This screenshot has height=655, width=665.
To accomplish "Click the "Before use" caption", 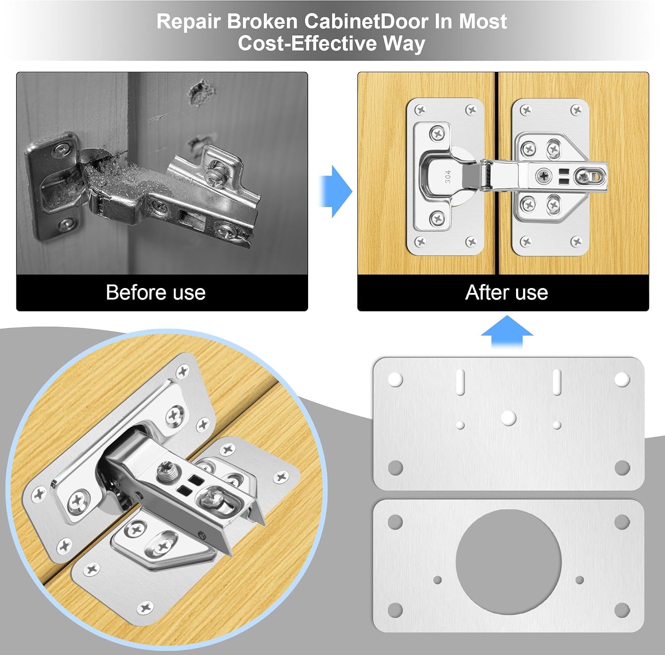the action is (156, 292).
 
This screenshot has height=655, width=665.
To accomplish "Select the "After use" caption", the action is (507, 292).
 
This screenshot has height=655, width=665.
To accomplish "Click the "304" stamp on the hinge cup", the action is (448, 176).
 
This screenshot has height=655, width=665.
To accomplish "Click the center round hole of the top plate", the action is (509, 417).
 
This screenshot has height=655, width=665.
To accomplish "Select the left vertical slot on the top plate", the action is (460, 381).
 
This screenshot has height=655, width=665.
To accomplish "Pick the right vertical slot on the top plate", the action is (557, 381).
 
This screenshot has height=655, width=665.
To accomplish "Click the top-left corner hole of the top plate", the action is (395, 379).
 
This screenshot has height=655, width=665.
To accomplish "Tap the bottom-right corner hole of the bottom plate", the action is (622, 610).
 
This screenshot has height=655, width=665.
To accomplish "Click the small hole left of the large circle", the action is (438, 580).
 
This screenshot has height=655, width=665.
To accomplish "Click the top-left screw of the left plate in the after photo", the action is (421, 110).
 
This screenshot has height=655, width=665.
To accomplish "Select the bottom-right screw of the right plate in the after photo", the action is (576, 242).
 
